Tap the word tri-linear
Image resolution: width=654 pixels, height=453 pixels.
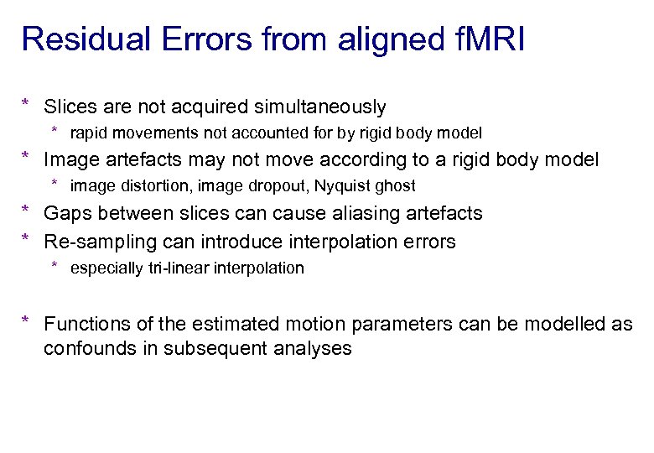click(x=171, y=268)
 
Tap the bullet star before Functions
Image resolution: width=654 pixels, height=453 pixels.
click(x=26, y=322)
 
